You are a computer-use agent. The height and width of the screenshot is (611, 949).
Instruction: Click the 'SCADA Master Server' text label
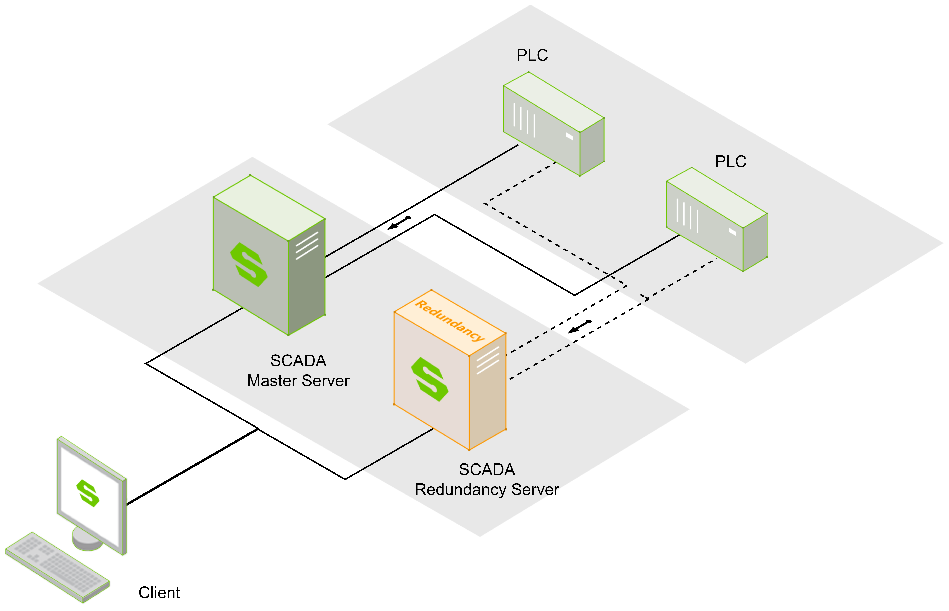(298, 371)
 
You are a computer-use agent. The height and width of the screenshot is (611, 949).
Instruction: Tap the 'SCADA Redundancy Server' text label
(487, 479)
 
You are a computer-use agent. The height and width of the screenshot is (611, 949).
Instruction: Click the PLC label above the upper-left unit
(532, 55)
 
